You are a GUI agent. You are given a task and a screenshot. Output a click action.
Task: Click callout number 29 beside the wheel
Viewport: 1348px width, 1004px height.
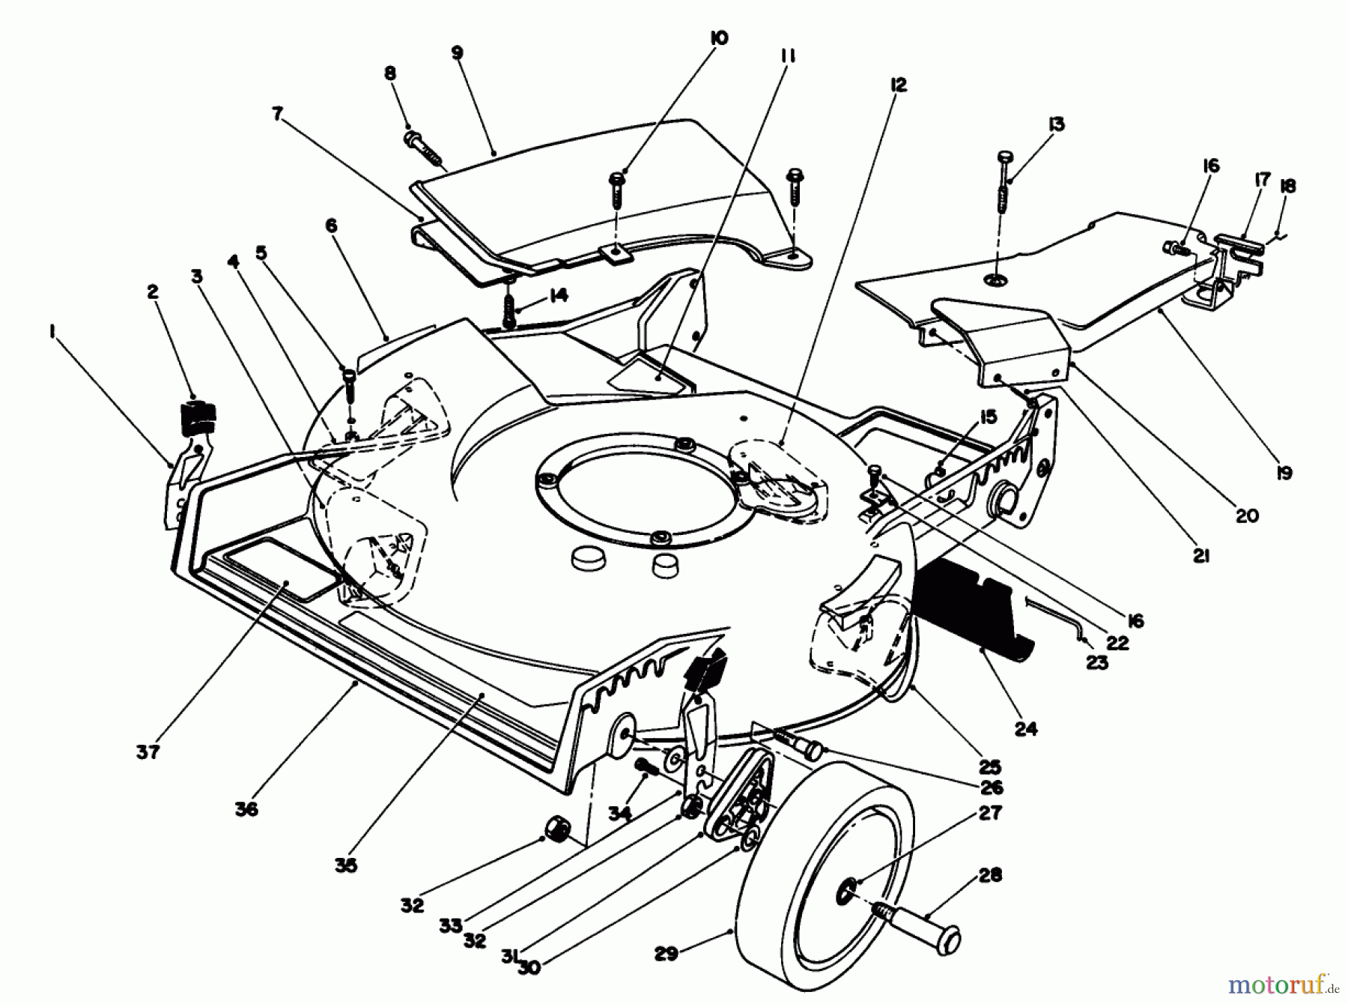(x=666, y=954)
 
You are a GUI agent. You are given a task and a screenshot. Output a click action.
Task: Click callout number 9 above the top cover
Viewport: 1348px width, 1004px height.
(x=457, y=52)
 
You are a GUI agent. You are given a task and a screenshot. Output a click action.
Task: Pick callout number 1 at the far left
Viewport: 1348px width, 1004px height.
(x=52, y=331)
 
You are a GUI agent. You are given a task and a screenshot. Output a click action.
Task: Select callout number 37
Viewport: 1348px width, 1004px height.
(x=148, y=752)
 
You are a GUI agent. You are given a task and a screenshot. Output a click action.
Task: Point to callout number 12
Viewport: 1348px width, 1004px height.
(x=899, y=85)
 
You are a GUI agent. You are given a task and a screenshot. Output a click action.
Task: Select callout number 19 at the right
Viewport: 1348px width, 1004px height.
(x=1284, y=473)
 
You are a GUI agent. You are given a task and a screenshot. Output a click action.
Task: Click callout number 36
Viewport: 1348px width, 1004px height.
(x=246, y=808)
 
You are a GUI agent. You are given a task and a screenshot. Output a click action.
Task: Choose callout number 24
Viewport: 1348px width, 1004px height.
(x=1026, y=728)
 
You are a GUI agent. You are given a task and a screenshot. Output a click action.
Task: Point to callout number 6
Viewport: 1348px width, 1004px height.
(x=331, y=226)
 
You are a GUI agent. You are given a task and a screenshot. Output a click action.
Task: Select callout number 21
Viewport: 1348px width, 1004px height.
(x=1201, y=556)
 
